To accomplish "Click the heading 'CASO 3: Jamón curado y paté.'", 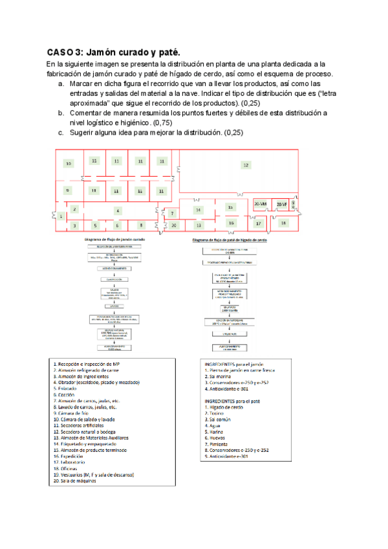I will (113, 52).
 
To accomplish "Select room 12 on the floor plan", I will (246, 166).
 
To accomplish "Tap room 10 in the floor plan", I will (69, 164).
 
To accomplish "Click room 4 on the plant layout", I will (117, 210).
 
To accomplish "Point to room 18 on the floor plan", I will (284, 222).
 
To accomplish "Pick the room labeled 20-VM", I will (261, 205).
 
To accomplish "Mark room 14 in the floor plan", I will (199, 210).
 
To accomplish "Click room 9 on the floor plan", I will (67, 190).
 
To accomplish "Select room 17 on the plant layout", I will (258, 223).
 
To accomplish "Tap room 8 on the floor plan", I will (140, 225).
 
